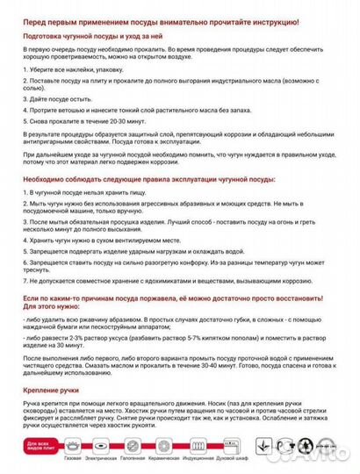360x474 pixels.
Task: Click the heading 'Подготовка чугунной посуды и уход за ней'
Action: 102,38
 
